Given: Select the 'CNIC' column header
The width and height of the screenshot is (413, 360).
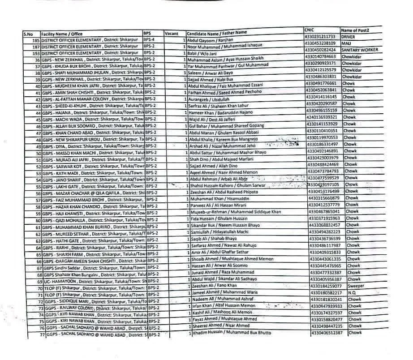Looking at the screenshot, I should [310, 30].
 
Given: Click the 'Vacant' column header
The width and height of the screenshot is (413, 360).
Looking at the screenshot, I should [172, 33].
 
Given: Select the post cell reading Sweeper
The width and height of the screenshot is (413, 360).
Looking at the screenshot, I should [356, 286].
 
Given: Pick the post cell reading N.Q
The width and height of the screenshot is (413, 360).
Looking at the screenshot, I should [352, 292].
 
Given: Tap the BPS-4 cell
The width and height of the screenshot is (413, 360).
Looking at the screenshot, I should [149, 39].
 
